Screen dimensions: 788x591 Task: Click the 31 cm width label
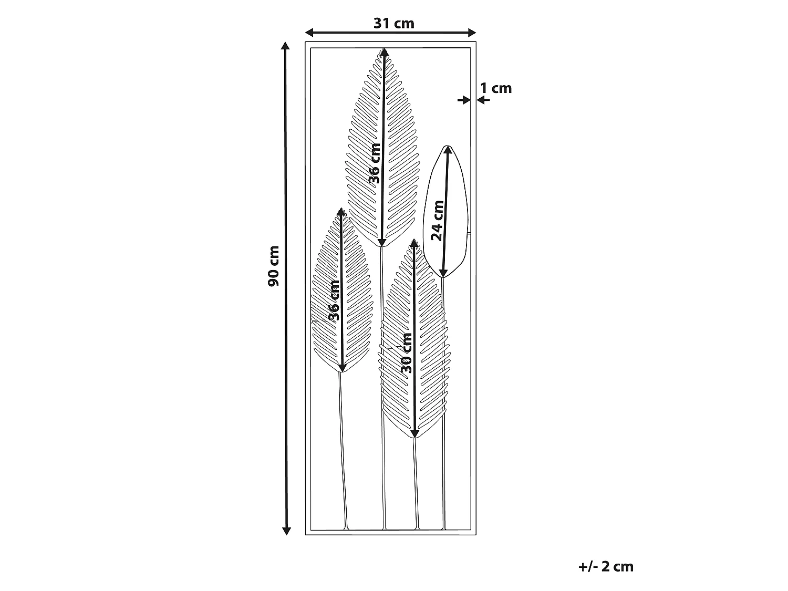(x=394, y=24)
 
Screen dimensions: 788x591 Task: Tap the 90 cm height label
(x=274, y=266)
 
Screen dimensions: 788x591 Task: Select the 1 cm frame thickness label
(x=496, y=88)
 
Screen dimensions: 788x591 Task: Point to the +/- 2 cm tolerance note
(x=606, y=567)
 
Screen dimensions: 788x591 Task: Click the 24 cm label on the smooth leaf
(x=437, y=221)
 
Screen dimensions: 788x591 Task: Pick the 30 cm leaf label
(x=406, y=353)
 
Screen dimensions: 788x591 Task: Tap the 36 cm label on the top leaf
(x=375, y=163)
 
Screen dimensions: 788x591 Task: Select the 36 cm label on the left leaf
(x=334, y=300)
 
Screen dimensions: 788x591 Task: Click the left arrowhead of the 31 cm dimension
(x=309, y=33)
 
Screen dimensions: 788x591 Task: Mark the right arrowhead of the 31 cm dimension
(x=472, y=33)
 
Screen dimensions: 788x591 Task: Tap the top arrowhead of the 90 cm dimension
(x=285, y=46)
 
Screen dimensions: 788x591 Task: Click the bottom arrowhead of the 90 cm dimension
(x=286, y=531)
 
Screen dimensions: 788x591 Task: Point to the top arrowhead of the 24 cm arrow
(x=448, y=150)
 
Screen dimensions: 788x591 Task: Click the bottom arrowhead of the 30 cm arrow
(x=414, y=433)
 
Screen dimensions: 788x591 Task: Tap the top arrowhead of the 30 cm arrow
(x=414, y=244)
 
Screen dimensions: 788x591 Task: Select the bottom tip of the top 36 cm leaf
(x=382, y=246)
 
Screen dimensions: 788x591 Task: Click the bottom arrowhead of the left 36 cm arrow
(x=342, y=368)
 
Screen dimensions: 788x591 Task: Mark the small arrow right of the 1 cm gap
(x=483, y=100)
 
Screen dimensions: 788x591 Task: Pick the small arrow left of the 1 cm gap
(x=464, y=100)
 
